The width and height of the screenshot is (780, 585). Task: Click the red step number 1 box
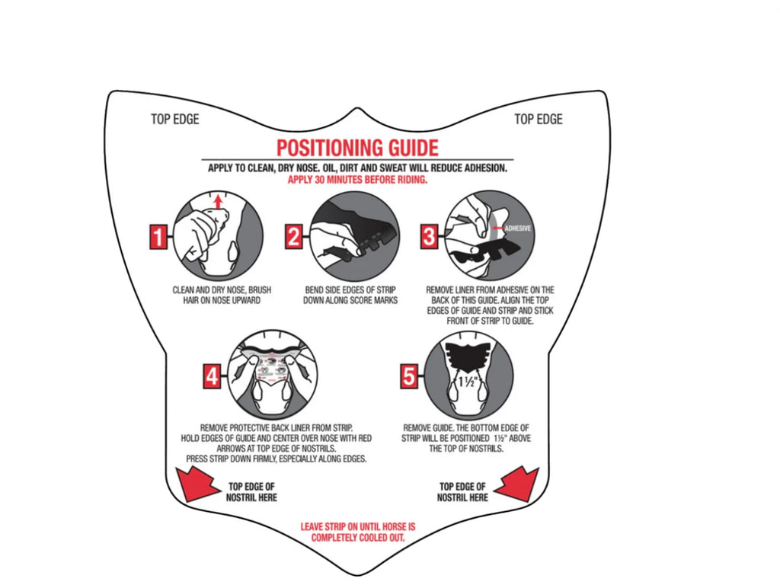[158, 236]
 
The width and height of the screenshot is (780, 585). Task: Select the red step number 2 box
[294, 236]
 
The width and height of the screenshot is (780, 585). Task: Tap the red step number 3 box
[430, 236]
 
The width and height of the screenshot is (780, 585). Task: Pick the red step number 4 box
[213, 376]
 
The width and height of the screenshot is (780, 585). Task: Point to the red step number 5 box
[409, 376]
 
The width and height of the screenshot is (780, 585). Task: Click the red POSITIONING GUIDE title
[358, 148]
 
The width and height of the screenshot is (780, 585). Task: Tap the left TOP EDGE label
[175, 120]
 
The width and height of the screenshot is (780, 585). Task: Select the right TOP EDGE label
[539, 120]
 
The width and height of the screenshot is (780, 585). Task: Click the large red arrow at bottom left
[197, 484]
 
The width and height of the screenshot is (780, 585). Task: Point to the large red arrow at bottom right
[518, 484]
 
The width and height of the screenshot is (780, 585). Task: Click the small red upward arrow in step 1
[218, 201]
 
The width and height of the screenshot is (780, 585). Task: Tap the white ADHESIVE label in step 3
[518, 229]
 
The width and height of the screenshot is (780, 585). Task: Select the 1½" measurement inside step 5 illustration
[468, 381]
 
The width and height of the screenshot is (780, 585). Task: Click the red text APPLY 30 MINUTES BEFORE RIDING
[358, 180]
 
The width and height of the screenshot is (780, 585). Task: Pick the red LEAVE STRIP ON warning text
[358, 532]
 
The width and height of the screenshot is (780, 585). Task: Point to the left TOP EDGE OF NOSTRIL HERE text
[251, 492]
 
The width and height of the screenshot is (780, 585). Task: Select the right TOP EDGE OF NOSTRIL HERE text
[462, 492]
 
